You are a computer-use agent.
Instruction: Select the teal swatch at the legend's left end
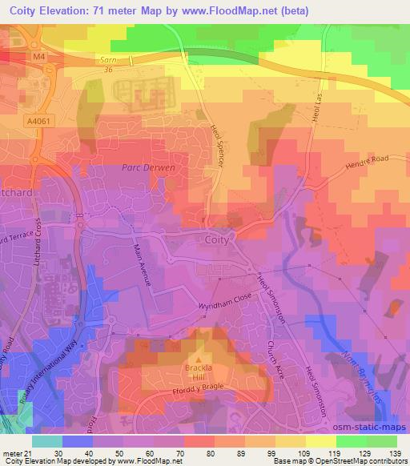tap(46, 440)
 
